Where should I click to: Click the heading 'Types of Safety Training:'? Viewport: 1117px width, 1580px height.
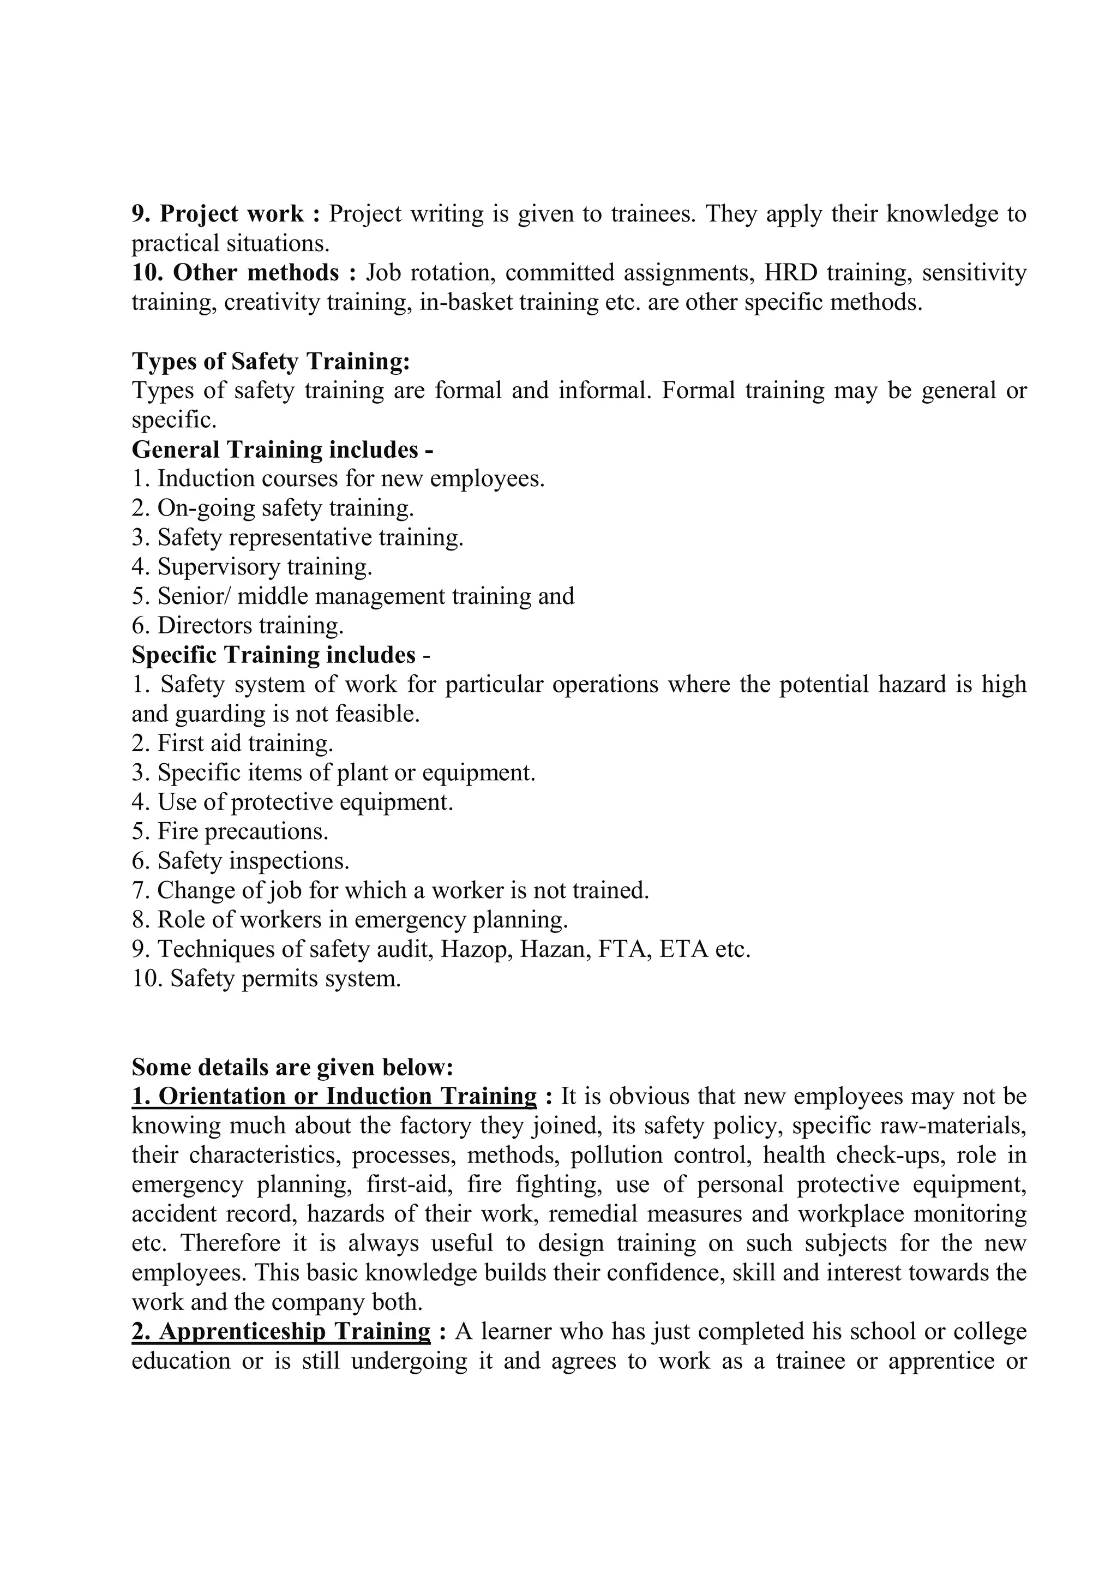271,361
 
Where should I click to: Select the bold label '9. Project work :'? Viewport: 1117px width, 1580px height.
226,214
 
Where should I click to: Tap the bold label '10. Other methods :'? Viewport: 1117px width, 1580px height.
244,273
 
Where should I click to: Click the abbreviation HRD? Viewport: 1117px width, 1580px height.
791,273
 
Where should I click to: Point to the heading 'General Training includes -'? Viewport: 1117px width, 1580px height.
282,450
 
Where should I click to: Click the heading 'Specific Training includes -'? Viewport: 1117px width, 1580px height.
281,655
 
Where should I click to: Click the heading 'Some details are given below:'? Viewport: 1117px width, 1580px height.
292,1067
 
